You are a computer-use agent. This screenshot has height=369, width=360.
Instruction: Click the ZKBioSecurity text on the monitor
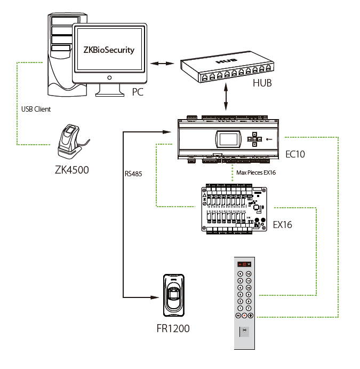[109, 50]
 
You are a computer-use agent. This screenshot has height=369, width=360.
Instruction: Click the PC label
[139, 92]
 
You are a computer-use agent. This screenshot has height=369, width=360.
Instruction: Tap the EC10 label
[297, 154]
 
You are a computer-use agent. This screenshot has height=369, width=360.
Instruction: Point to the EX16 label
[283, 224]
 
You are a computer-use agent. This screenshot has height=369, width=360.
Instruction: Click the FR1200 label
[173, 328]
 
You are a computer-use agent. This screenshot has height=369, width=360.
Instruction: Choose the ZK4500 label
[71, 170]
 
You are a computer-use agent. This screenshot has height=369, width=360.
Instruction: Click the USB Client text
[36, 109]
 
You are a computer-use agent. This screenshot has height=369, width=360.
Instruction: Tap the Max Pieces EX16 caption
[256, 172]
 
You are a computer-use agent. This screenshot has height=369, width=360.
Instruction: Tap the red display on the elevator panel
[245, 264]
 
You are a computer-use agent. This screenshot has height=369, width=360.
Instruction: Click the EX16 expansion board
[235, 208]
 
